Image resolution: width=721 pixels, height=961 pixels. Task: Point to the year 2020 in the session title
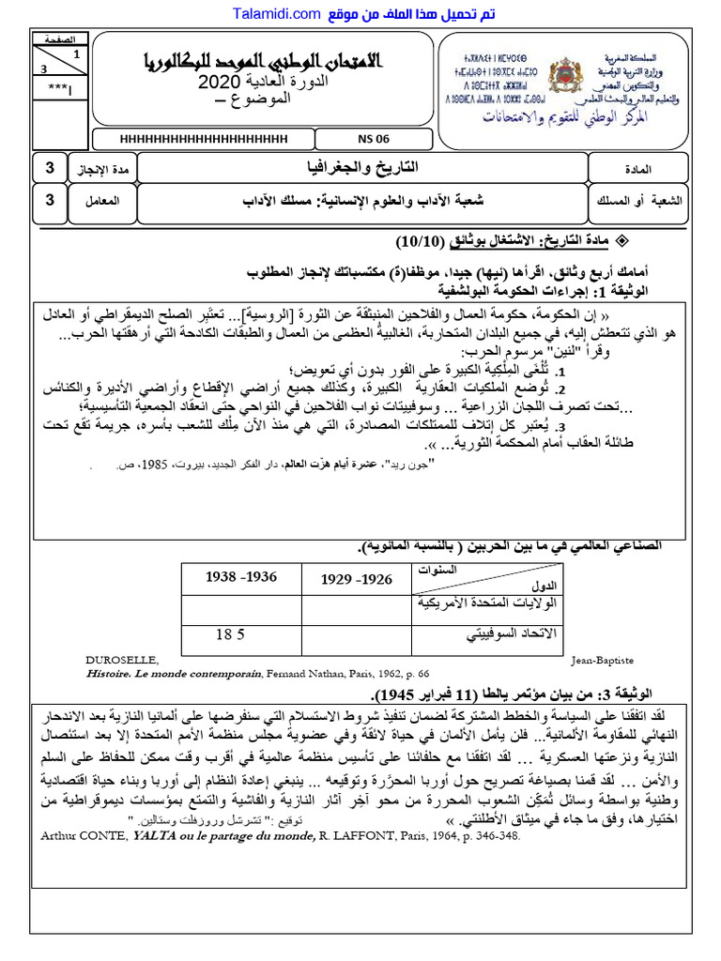coord(225,85)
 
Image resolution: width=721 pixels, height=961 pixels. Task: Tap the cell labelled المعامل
coord(101,200)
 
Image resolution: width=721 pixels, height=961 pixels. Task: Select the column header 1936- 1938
coord(241,577)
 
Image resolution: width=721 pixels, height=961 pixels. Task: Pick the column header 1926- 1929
coord(357,579)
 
